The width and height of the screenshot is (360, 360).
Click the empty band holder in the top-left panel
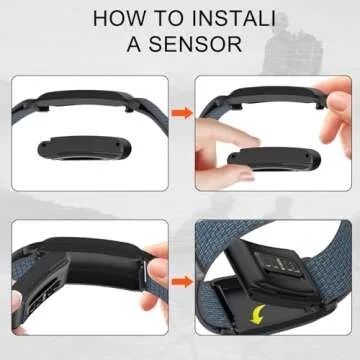[85, 100]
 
